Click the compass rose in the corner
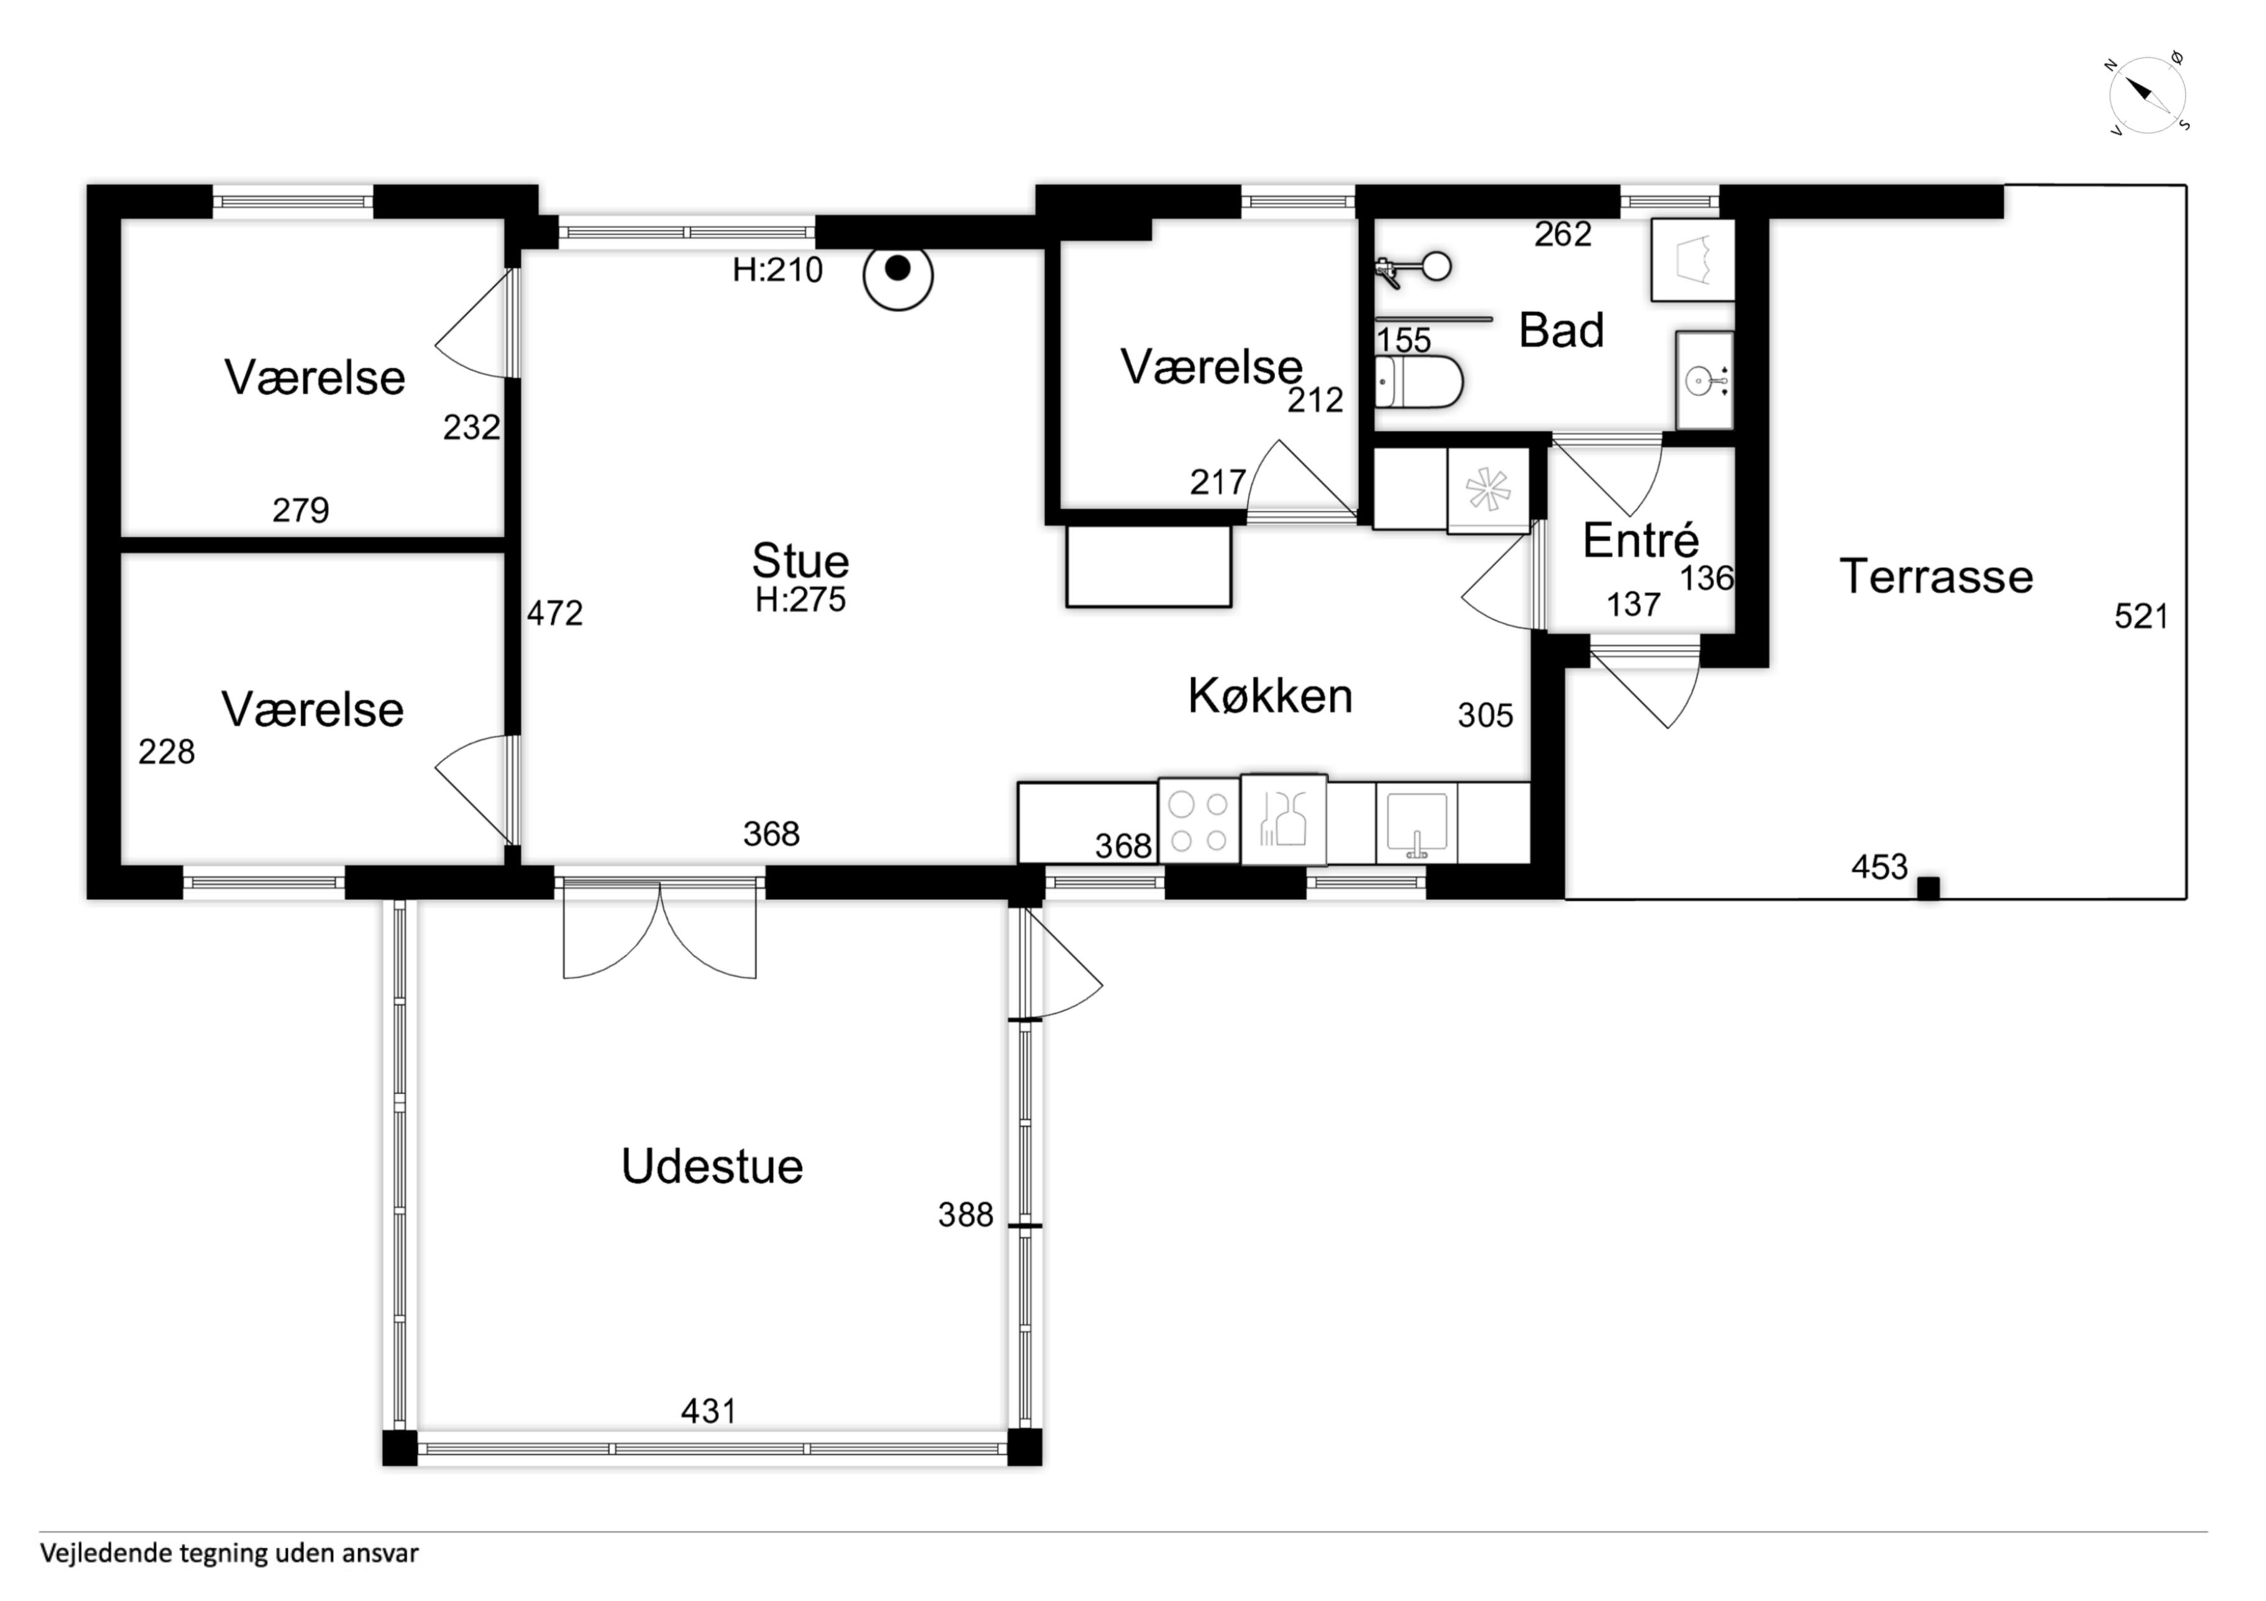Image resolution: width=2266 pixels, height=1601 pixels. (x=2147, y=95)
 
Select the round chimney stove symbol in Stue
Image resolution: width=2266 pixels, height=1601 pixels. (x=898, y=276)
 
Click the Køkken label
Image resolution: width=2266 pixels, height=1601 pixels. (x=1270, y=697)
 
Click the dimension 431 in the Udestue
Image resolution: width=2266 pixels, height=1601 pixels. (x=709, y=1412)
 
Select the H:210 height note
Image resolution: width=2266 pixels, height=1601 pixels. (x=778, y=269)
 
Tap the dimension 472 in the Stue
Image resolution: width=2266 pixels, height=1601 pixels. (x=555, y=613)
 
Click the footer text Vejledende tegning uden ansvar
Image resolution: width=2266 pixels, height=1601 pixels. (x=229, y=1554)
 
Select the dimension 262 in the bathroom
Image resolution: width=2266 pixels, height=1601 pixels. (x=1563, y=234)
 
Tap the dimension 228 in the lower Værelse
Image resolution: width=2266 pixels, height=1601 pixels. (x=167, y=752)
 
